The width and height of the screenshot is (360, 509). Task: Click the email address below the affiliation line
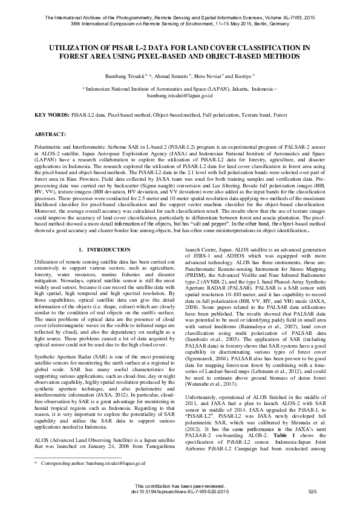pos(180,96)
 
